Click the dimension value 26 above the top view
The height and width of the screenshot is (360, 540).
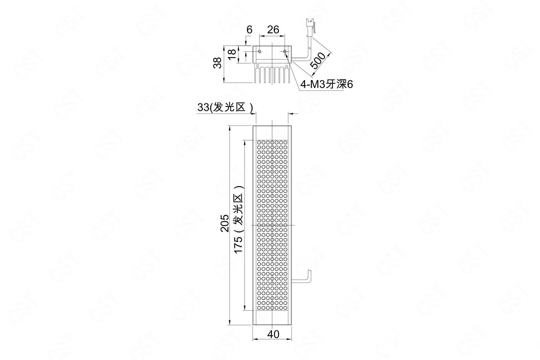[x=273, y=30]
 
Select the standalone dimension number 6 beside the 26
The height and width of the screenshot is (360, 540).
[x=249, y=30]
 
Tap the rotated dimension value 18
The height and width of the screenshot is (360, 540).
[x=232, y=55]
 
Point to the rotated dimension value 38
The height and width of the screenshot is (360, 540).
[x=218, y=63]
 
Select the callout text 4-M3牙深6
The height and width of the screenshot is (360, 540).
[x=327, y=84]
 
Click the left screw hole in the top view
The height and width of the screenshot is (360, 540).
[x=260, y=51]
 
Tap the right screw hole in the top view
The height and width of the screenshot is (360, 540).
[x=285, y=51]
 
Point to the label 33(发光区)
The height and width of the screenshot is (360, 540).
[x=225, y=108]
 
